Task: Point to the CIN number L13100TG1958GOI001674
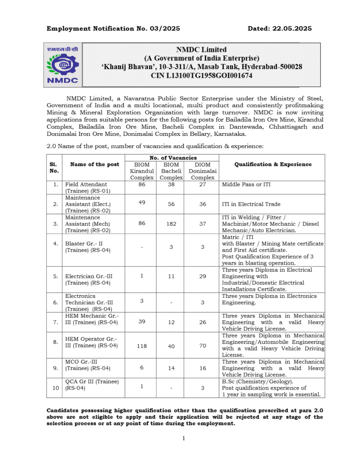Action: click(201, 76)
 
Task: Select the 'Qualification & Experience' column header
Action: click(273, 164)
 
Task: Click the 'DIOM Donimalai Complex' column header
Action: click(202, 171)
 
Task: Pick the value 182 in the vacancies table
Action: click(171, 224)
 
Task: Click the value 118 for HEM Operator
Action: click(142, 346)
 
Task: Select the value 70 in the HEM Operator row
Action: click(202, 346)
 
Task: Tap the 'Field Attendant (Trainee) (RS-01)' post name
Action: click(88, 188)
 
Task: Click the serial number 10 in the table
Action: click(55, 388)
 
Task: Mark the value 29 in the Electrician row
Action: click(202, 276)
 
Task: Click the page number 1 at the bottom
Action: click(184, 438)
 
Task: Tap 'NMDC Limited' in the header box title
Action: click(201, 49)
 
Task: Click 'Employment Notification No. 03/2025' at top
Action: click(113, 29)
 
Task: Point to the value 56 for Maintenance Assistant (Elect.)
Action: click(171, 204)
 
